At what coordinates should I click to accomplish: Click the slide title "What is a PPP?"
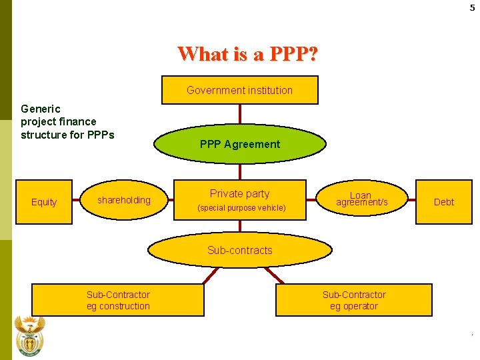(247, 53)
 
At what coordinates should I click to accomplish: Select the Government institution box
(239, 90)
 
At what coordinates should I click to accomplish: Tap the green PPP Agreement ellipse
(239, 144)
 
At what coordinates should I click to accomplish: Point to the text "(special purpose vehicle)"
(241, 208)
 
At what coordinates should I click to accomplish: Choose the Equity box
(44, 202)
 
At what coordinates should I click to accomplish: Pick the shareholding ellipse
(124, 200)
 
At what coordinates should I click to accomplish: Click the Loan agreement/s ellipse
(361, 199)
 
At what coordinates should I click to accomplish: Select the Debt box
(443, 202)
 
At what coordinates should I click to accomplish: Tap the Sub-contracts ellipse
(239, 251)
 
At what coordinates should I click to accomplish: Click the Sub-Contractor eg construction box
(118, 300)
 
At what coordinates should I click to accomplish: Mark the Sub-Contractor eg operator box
(354, 300)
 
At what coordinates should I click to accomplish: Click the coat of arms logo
(29, 337)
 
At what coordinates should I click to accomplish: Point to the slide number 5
(472, 7)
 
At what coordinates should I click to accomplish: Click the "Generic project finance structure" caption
(67, 122)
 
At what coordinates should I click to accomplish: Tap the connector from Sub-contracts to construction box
(212, 276)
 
